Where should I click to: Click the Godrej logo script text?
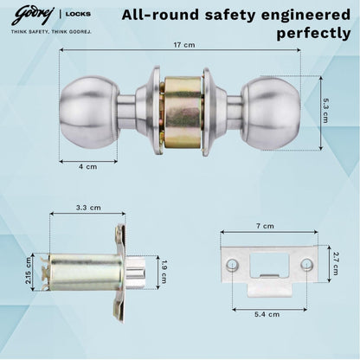point(29,13)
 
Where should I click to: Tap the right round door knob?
point(268,111)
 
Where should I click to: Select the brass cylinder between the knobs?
point(179,113)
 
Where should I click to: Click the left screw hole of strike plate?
point(231,263)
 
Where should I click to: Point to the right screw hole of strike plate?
point(305,263)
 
